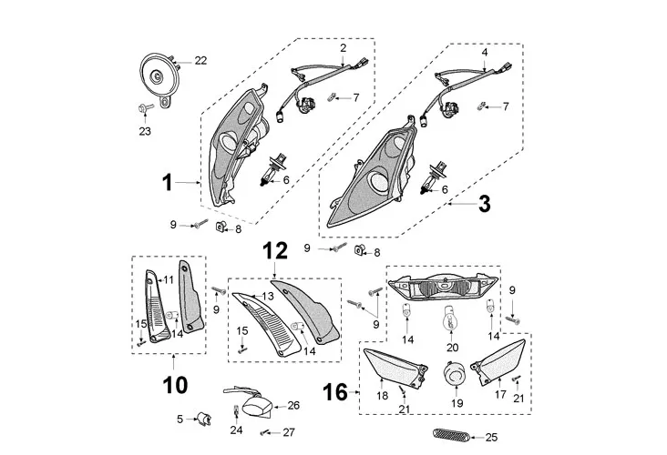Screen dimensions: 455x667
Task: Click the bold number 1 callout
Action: click(167, 183)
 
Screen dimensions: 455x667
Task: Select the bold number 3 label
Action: click(484, 204)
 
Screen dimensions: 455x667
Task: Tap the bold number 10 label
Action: click(174, 385)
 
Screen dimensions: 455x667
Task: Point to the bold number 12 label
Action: click(275, 249)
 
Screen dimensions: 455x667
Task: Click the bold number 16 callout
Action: click(335, 393)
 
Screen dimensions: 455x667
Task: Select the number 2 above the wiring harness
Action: click(343, 46)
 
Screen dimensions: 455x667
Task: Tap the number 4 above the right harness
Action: click(485, 53)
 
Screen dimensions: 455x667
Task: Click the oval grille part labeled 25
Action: click(452, 435)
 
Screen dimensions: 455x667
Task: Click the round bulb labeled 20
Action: click(448, 321)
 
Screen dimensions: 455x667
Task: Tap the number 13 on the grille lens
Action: click(268, 297)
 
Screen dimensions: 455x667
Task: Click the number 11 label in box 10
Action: click(169, 279)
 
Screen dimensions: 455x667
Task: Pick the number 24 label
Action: click(236, 429)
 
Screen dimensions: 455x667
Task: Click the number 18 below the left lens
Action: click(383, 396)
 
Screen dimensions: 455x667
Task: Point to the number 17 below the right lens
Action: click(499, 396)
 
